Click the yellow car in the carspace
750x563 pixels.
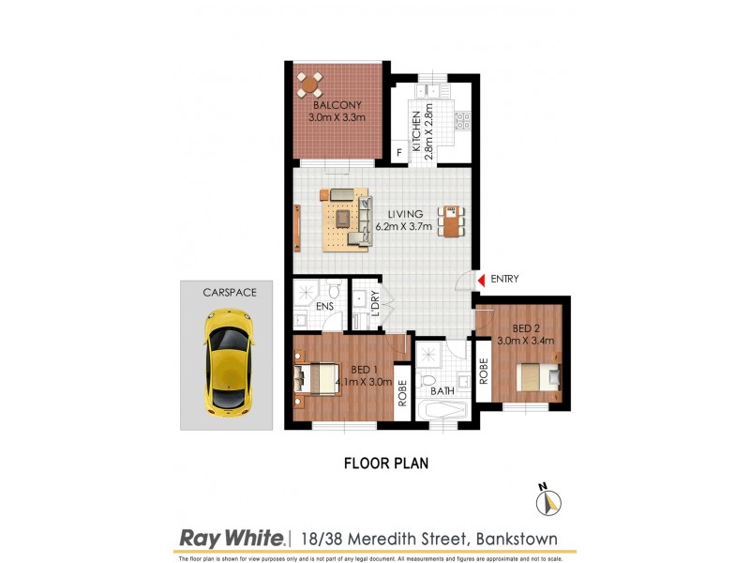(x=228, y=365)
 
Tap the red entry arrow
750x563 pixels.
(x=480, y=279)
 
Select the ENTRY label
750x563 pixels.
(x=503, y=279)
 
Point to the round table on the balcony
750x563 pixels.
(x=309, y=85)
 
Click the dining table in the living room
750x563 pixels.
(x=454, y=220)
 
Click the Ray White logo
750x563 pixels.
(x=232, y=538)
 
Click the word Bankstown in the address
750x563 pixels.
(x=518, y=539)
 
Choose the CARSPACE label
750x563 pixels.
(x=230, y=293)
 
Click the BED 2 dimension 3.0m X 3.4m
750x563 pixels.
(x=527, y=341)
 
